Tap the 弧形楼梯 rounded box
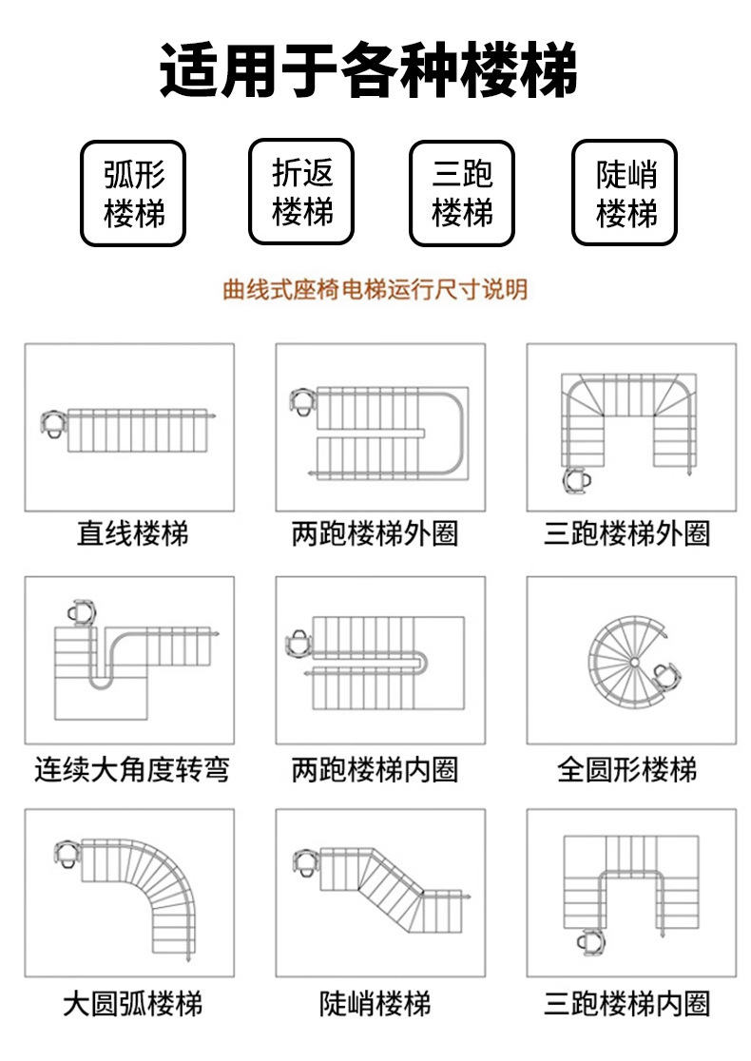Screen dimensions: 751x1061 pos(134,193)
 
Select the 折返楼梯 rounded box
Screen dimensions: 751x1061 pos(301,192)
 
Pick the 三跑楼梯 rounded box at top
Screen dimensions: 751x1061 pos(462,193)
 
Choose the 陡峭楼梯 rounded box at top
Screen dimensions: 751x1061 pos(625,193)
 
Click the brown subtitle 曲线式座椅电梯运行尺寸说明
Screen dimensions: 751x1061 pos(375,289)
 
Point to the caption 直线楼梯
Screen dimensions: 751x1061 pos(132,533)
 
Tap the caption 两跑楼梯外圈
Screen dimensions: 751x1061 pos(375,533)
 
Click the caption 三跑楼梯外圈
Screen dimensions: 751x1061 pos(626,533)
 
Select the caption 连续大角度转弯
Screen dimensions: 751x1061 pos(132,768)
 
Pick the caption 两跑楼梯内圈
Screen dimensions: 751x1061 pos(375,768)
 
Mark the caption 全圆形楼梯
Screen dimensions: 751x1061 pos(626,768)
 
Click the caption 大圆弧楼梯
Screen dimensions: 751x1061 pos(132,1004)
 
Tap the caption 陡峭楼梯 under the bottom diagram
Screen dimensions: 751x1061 pos(375,1004)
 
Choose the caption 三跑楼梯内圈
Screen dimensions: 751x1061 pos(626,1004)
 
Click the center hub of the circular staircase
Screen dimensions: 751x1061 pos(632,661)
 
